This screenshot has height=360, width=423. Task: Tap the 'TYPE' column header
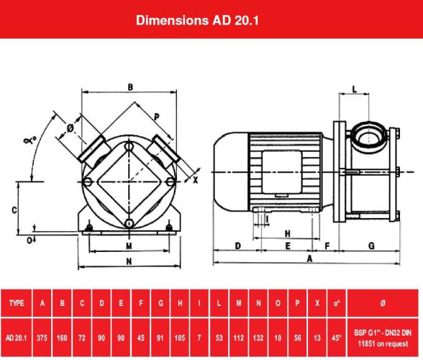17,303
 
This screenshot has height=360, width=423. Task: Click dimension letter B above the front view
130,87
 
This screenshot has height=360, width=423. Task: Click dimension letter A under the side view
309,257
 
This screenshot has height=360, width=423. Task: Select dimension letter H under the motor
287,233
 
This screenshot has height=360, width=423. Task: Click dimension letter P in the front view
156,115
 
